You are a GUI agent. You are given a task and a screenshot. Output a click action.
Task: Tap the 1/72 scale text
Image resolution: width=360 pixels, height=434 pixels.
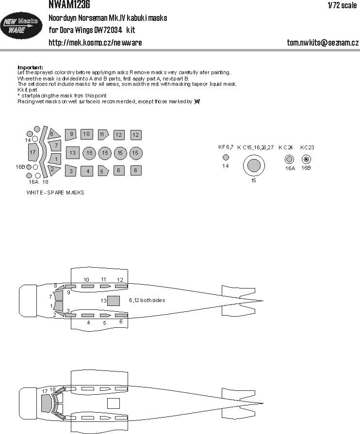click(342, 5)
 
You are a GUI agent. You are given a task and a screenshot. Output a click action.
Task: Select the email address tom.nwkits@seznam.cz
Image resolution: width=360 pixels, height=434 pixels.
click(323, 43)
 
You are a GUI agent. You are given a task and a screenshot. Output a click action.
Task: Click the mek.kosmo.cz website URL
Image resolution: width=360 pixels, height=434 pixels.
click(96, 43)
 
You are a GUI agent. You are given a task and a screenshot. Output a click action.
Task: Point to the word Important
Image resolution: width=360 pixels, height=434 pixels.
click(30, 67)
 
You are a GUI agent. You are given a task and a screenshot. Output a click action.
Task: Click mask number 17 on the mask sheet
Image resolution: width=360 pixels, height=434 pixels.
click(33, 152)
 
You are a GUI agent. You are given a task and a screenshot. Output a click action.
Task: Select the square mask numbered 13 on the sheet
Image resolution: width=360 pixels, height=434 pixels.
click(72, 153)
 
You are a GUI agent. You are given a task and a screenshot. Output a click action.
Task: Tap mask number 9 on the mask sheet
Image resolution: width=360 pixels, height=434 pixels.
click(71, 134)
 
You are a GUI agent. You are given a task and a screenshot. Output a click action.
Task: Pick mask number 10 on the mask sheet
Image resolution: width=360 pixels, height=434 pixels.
click(87, 134)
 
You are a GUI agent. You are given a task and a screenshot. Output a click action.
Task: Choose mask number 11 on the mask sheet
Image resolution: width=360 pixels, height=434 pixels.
click(102, 134)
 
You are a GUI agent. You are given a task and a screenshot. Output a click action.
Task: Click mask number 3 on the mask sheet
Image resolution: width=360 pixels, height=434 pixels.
click(71, 171)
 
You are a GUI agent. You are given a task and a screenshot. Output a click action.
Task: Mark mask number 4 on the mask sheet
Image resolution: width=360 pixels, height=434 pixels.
click(87, 171)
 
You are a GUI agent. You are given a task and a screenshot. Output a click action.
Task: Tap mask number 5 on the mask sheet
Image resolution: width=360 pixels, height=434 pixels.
click(102, 171)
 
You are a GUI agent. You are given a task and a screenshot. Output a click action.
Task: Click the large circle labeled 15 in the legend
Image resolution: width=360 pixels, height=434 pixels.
click(253, 166)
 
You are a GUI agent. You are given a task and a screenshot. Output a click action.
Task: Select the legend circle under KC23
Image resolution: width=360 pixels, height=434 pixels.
click(306, 159)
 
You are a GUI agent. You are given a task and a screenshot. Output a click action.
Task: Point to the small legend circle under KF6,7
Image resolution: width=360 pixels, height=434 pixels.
click(225, 157)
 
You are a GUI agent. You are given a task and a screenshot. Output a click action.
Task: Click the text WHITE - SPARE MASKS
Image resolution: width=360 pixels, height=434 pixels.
click(56, 193)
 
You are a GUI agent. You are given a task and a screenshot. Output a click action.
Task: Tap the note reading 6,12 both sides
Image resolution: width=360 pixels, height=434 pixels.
click(147, 300)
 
